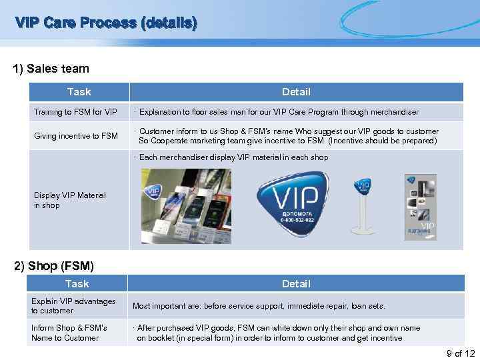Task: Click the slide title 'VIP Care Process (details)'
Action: click(107, 23)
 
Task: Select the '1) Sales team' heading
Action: click(51, 69)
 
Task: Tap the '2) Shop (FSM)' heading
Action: click(54, 267)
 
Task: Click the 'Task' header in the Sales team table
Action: click(79, 92)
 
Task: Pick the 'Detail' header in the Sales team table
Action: click(296, 92)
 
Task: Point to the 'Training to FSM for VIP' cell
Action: click(75, 112)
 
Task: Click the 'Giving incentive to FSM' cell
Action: click(76, 136)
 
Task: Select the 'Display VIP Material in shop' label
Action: click(70, 201)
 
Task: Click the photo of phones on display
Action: click(186, 206)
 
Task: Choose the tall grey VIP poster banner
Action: click(420, 207)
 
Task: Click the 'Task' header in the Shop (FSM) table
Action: click(78, 283)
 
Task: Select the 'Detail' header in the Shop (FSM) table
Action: click(296, 283)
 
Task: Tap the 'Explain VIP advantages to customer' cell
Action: click(73, 306)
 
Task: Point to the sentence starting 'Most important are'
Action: click(259, 306)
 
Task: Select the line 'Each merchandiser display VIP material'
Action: click(233, 158)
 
